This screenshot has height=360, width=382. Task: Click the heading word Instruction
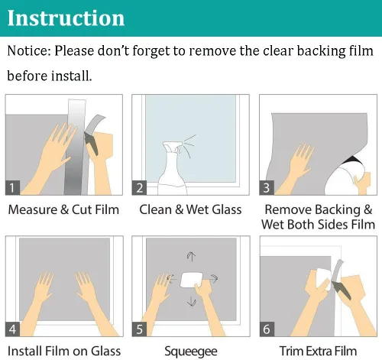pyautogui.click(x=66, y=18)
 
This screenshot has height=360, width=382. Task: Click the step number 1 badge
pyautogui.click(x=12, y=188)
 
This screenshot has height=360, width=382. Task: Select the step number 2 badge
pyautogui.click(x=139, y=188)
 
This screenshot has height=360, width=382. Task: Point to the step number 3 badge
pyautogui.click(x=267, y=188)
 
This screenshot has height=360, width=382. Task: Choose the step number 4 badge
pyautogui.click(x=12, y=329)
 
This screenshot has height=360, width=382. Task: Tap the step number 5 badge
pyautogui.click(x=139, y=329)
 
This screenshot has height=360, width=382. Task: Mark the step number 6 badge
pyautogui.click(x=267, y=329)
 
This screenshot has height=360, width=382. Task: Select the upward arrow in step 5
pyautogui.click(x=191, y=257)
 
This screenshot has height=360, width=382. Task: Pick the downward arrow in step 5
pyautogui.click(x=192, y=301)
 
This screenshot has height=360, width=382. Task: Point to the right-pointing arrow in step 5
pyautogui.click(x=212, y=279)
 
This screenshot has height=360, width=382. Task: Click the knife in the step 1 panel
pyautogui.click(x=91, y=144)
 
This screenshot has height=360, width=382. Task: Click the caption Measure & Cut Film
pyautogui.click(x=63, y=209)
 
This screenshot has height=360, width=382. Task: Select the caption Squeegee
pyautogui.click(x=191, y=352)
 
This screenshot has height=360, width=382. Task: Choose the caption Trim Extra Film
pyautogui.click(x=318, y=351)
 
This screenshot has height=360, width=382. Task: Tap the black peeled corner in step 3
pyautogui.click(x=352, y=161)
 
